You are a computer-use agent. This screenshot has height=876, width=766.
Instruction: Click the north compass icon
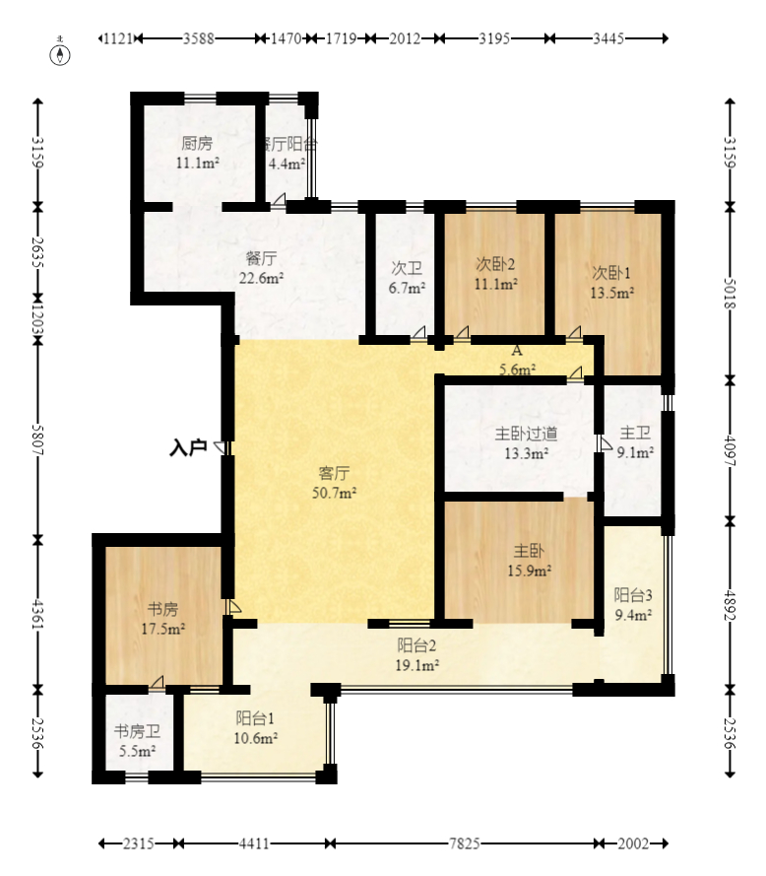pyautogui.click(x=62, y=53)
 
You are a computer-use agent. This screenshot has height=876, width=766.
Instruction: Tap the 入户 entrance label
pyautogui.click(x=187, y=448)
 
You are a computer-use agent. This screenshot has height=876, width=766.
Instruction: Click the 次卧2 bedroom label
pyautogui.click(x=495, y=264)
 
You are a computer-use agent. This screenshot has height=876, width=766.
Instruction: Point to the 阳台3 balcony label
pyautogui.click(x=633, y=594)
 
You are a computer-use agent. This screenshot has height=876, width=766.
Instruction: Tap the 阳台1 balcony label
pyautogui.click(x=255, y=717)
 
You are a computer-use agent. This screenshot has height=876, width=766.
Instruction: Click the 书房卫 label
pyautogui.click(x=137, y=731)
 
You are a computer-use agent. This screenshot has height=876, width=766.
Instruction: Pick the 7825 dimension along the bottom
pyautogui.click(x=464, y=844)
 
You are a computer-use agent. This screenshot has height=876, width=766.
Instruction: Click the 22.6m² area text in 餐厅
pyautogui.click(x=263, y=278)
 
